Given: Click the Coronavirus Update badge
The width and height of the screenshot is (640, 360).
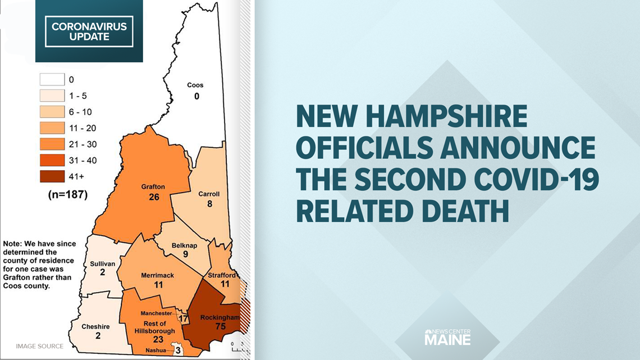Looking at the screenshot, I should pyautogui.click(x=89, y=32).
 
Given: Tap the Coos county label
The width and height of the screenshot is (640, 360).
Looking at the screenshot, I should pyautogui.click(x=196, y=85).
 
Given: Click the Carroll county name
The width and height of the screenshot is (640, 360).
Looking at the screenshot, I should pyautogui.click(x=209, y=194).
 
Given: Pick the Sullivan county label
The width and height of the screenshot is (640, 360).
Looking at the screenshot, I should pyautogui.click(x=102, y=263).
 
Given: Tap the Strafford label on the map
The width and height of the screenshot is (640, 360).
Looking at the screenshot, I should pyautogui.click(x=222, y=275).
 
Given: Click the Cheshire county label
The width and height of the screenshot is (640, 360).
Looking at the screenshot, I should pyautogui.click(x=95, y=326).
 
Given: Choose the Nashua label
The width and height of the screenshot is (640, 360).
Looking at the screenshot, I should pyautogui.click(x=157, y=350).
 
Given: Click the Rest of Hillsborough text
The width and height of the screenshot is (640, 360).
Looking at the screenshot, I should pyautogui.click(x=150, y=327).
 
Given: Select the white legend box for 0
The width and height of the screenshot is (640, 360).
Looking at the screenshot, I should pyautogui.click(x=52, y=80).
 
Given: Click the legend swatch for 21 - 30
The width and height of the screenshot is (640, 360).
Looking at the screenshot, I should pyautogui.click(x=52, y=144).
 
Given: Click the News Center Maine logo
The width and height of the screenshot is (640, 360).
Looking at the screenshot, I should pyautogui.click(x=447, y=336).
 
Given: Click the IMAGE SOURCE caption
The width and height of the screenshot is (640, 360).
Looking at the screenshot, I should pyautogui.click(x=39, y=346).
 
